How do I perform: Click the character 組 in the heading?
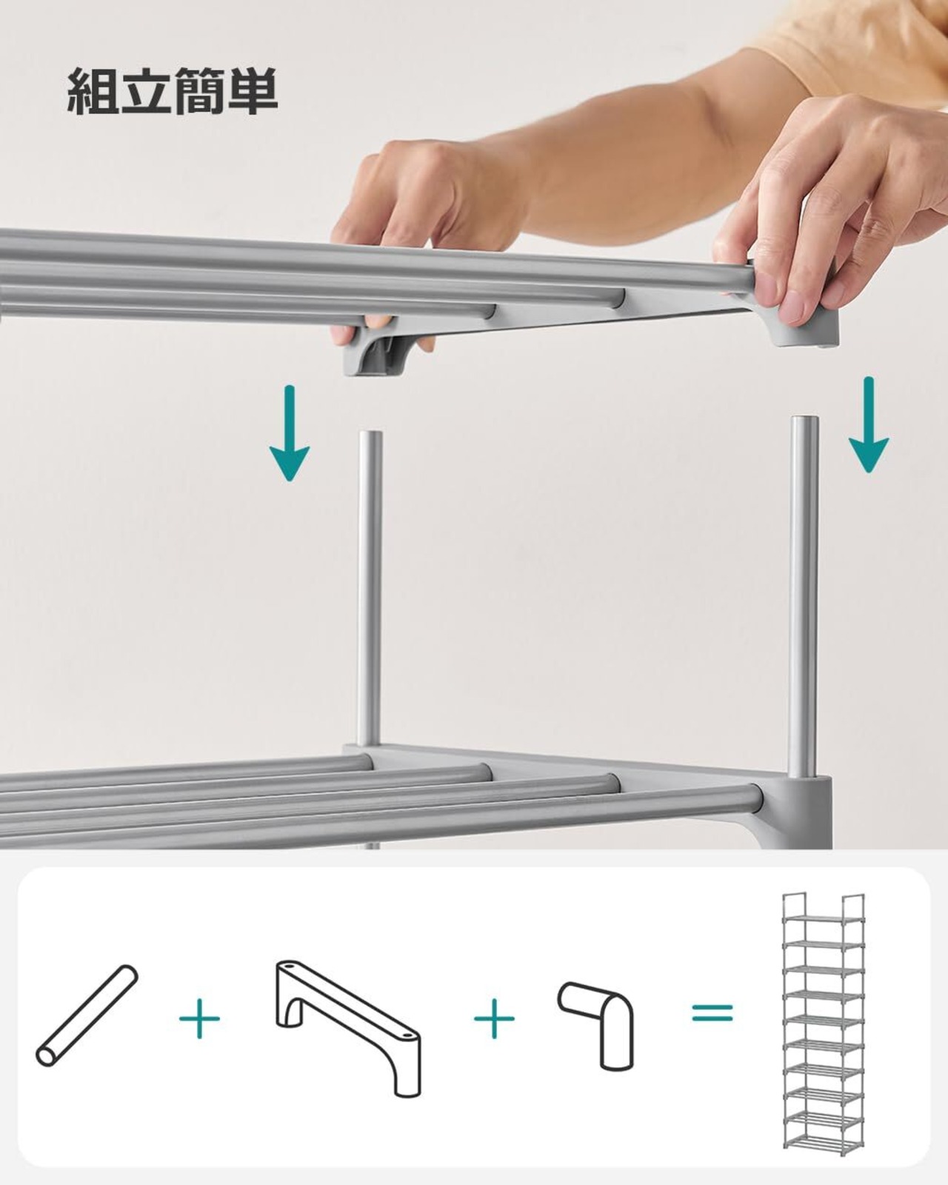91,91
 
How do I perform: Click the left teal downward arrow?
289,433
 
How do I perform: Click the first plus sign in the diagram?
199,1018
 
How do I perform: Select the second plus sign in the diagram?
494,1018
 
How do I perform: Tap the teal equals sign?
712,1012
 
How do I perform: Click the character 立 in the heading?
144,91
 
